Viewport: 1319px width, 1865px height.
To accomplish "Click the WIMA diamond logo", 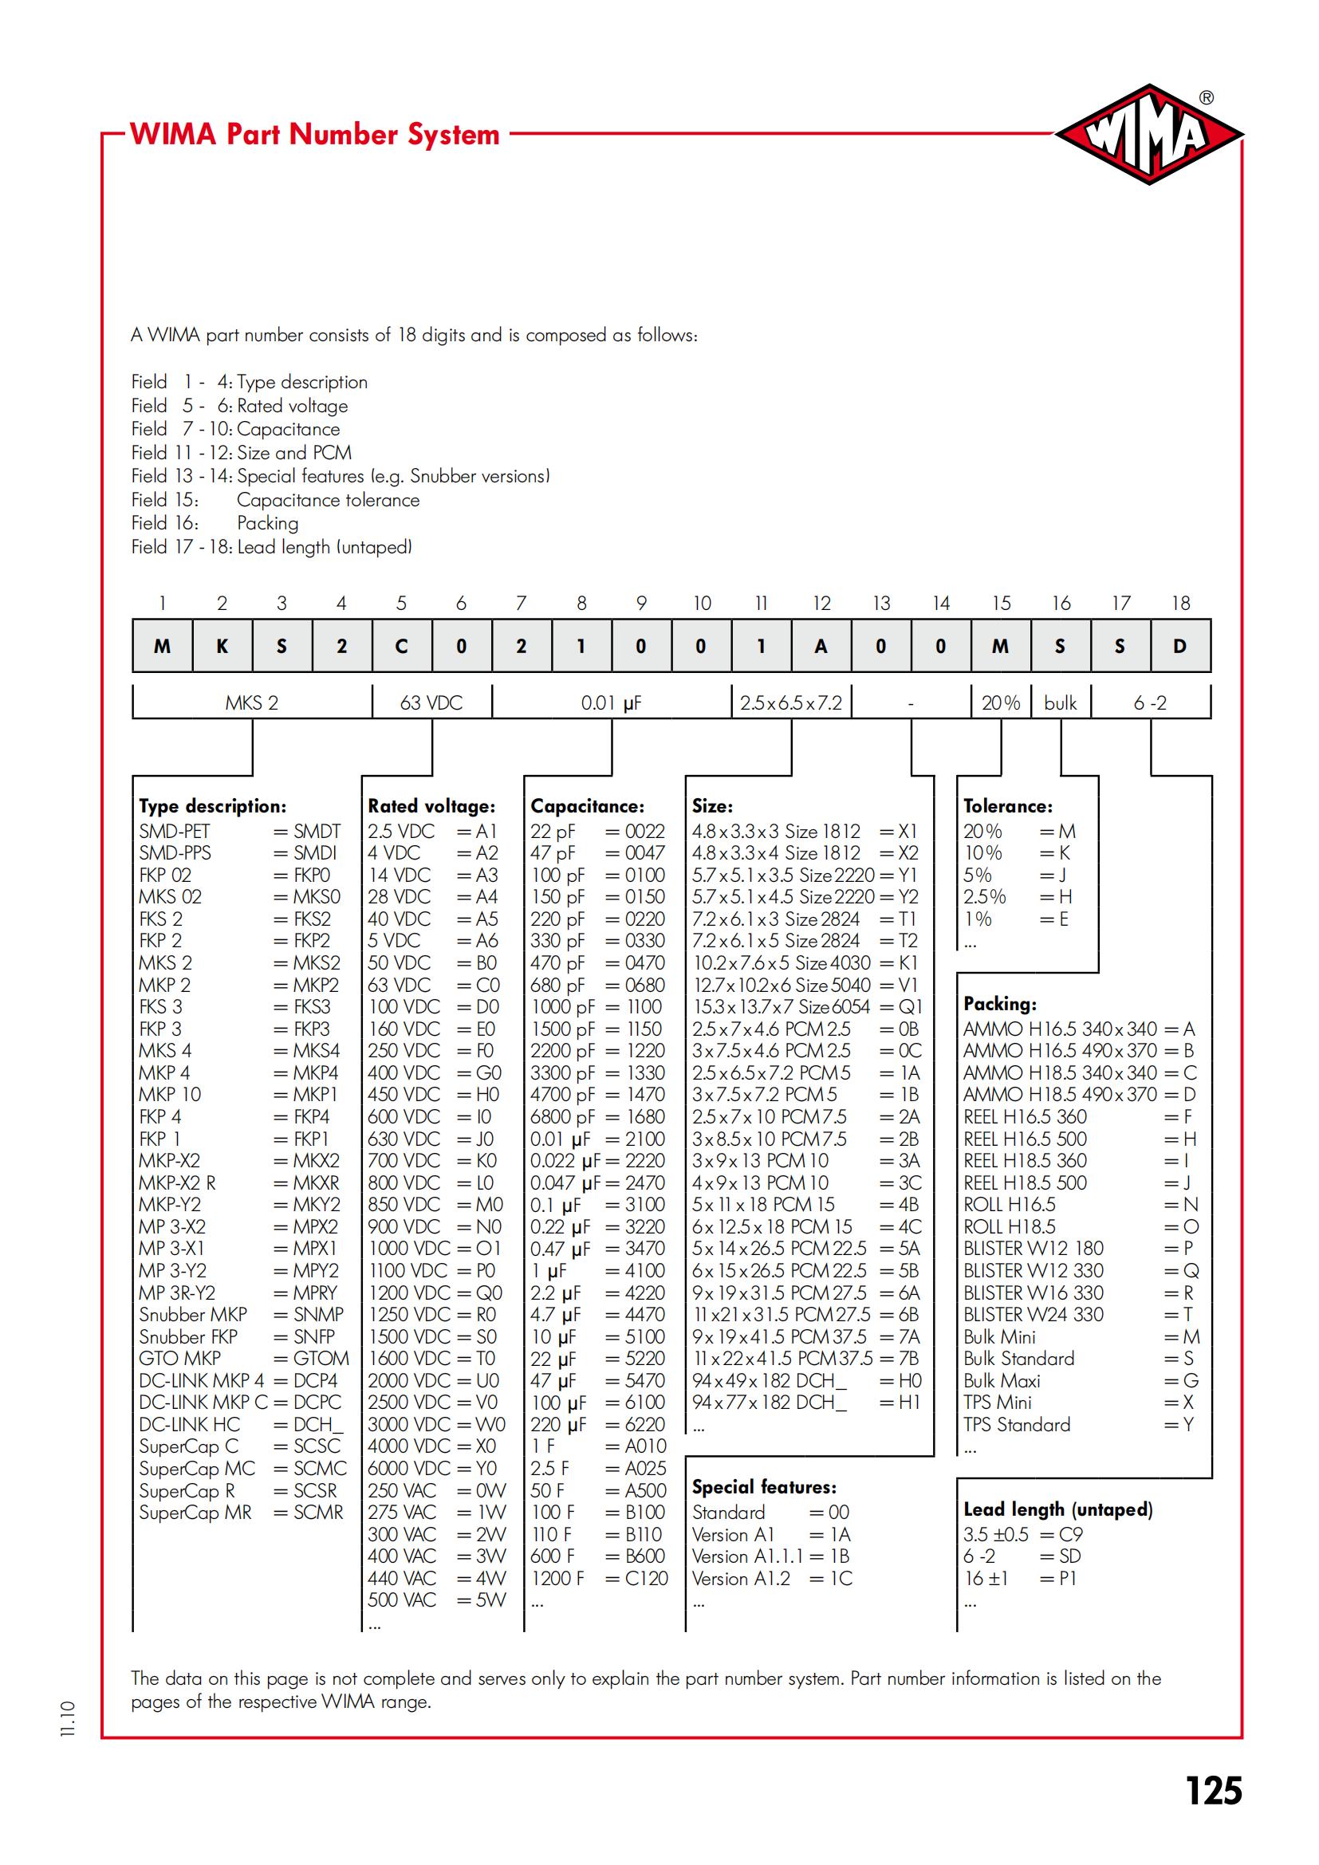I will click(1148, 135).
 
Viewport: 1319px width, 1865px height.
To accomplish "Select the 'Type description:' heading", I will click(212, 806).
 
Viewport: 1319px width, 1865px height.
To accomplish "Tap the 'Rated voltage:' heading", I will click(431, 806).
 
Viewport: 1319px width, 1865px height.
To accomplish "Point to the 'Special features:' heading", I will click(763, 1486).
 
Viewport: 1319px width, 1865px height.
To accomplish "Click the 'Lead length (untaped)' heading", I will click(1057, 1509).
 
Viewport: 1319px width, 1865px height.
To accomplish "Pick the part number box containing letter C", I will click(401, 646).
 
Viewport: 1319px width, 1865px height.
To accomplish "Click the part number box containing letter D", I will click(1179, 646).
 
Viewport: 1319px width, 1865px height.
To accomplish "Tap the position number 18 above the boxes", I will click(1180, 603).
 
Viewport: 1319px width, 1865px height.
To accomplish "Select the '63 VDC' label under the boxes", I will click(431, 702).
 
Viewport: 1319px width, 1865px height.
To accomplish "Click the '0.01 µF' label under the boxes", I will click(611, 702).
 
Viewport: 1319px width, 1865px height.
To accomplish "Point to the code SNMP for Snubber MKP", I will click(317, 1314).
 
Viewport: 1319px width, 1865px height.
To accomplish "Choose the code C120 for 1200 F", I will click(647, 1578).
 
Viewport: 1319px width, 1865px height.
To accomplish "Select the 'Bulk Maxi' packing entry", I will click(1002, 1380).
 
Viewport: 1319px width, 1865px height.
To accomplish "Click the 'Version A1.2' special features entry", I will click(741, 1578).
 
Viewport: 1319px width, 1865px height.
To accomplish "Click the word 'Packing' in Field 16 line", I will click(267, 523).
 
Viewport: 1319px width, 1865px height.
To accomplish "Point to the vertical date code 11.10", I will click(68, 1719).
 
